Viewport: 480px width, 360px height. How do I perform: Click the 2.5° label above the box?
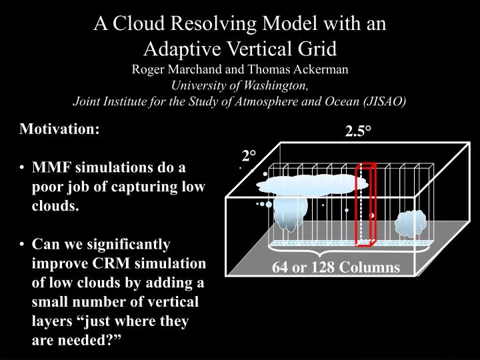357,132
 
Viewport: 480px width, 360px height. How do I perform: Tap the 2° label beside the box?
249,156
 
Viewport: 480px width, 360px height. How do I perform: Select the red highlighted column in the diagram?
367,204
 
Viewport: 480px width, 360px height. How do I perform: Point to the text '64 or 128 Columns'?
335,268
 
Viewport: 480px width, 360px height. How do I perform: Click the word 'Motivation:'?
60,129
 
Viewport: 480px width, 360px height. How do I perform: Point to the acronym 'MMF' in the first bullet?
53,168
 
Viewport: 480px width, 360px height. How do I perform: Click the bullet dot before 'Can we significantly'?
24,245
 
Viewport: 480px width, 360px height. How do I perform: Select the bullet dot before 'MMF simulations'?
24,168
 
